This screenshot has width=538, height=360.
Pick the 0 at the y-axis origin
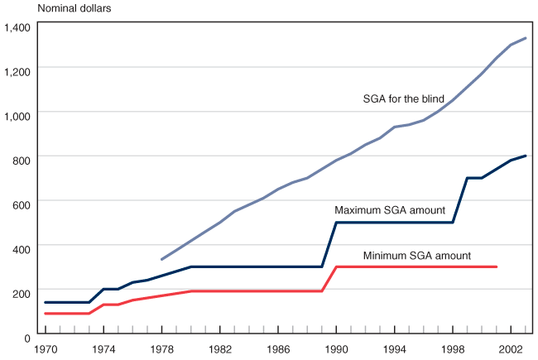coord(28,338)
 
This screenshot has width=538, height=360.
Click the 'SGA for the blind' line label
coord(404,98)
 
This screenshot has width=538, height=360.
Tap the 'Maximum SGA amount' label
coord(391,210)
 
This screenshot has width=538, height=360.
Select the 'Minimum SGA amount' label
coord(417,255)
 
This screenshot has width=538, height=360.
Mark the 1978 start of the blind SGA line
coord(161,259)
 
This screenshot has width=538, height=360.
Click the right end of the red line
coord(497,266)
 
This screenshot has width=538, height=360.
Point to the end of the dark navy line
coord(526,156)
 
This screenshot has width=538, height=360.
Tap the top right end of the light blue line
coord(526,38)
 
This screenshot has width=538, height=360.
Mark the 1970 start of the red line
coord(46,314)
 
